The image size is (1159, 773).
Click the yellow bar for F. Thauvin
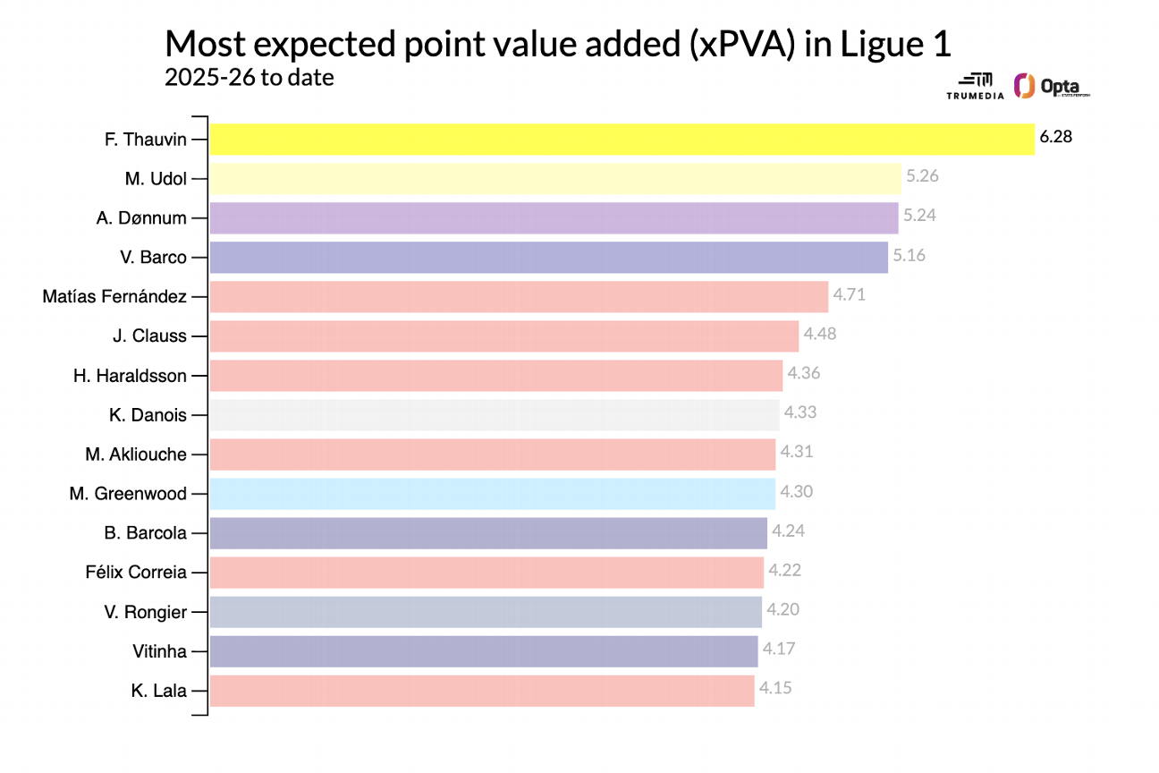[622, 139]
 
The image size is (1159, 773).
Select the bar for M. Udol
[555, 178]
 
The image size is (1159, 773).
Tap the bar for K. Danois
[495, 414]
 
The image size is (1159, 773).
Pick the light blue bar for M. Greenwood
[493, 493]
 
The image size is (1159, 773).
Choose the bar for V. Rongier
[486, 611]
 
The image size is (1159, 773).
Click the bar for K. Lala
[482, 690]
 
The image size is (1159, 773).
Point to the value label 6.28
[1055, 137]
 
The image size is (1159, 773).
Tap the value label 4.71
[850, 294]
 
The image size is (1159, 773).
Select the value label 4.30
[796, 491]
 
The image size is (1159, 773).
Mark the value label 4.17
[779, 649]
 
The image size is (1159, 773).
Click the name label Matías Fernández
[114, 296]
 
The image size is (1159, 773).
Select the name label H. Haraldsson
[130, 375]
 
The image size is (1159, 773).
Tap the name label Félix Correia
[136, 572]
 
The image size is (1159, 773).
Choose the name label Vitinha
[159, 650]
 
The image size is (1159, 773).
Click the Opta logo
[1052, 87]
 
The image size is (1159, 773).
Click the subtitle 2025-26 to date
[250, 78]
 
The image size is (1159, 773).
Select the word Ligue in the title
[870, 45]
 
